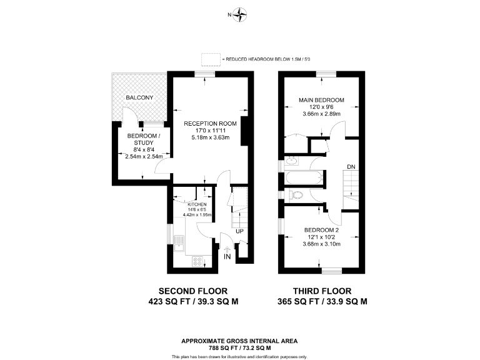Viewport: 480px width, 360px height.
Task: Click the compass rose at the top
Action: coord(239,14)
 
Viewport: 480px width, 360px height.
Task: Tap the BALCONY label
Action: coord(139,98)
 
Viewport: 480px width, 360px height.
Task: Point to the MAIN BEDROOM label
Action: coord(321,100)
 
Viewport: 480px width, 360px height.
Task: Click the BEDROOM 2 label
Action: coord(321,230)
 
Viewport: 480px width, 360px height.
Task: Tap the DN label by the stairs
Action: coord(351,167)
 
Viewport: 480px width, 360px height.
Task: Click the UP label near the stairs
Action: coord(239,232)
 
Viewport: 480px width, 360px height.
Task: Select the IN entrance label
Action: coord(227,257)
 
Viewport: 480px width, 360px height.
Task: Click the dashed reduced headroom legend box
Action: coord(211,59)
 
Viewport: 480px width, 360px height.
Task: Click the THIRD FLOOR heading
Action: coord(322,291)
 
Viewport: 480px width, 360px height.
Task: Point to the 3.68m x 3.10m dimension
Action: coord(321,244)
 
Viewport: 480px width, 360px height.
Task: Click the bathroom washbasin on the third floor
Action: coord(291,161)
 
